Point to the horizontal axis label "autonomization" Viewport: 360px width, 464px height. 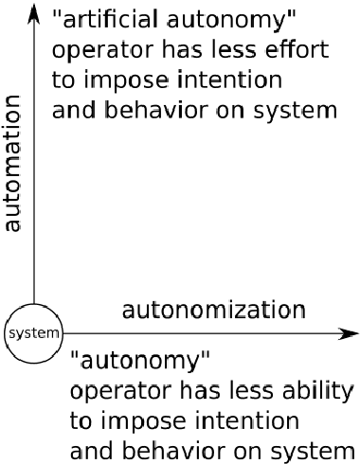click(214, 310)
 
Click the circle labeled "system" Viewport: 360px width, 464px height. click(34, 333)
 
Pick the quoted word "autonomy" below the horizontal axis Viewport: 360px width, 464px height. click(140, 361)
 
